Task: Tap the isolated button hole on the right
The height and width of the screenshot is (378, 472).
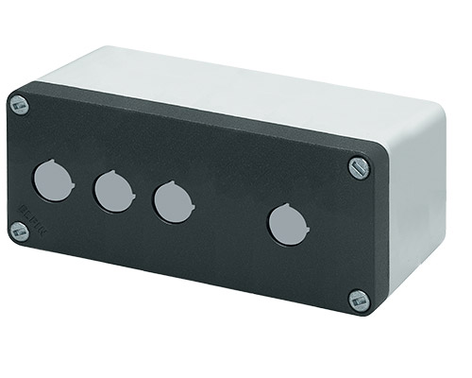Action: tap(285, 224)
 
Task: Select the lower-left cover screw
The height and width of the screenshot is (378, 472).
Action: tap(20, 231)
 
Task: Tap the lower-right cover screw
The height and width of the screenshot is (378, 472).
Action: tap(358, 301)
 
